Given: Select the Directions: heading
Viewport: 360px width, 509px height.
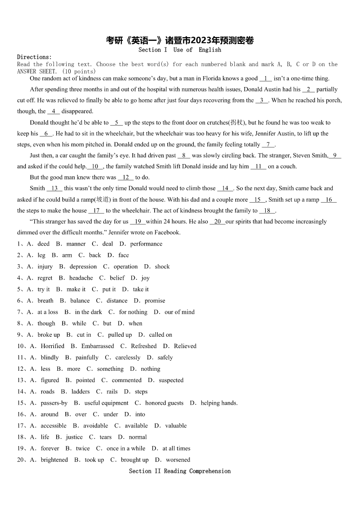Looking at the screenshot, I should [34, 57].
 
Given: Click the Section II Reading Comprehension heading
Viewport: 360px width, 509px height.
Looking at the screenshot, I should [180, 471].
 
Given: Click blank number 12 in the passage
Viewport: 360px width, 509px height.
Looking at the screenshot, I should [126, 178].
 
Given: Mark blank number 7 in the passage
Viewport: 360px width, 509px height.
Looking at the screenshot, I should [268, 145].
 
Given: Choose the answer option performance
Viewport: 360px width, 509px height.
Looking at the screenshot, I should [146, 244].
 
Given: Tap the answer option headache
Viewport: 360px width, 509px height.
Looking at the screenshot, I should [81, 278].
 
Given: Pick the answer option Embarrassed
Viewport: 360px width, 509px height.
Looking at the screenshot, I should [97, 346].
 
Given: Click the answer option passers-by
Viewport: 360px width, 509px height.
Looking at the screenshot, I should [54, 403].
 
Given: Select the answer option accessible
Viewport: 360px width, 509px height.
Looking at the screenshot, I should [53, 426].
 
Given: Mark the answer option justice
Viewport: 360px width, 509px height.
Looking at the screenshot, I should [74, 437].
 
